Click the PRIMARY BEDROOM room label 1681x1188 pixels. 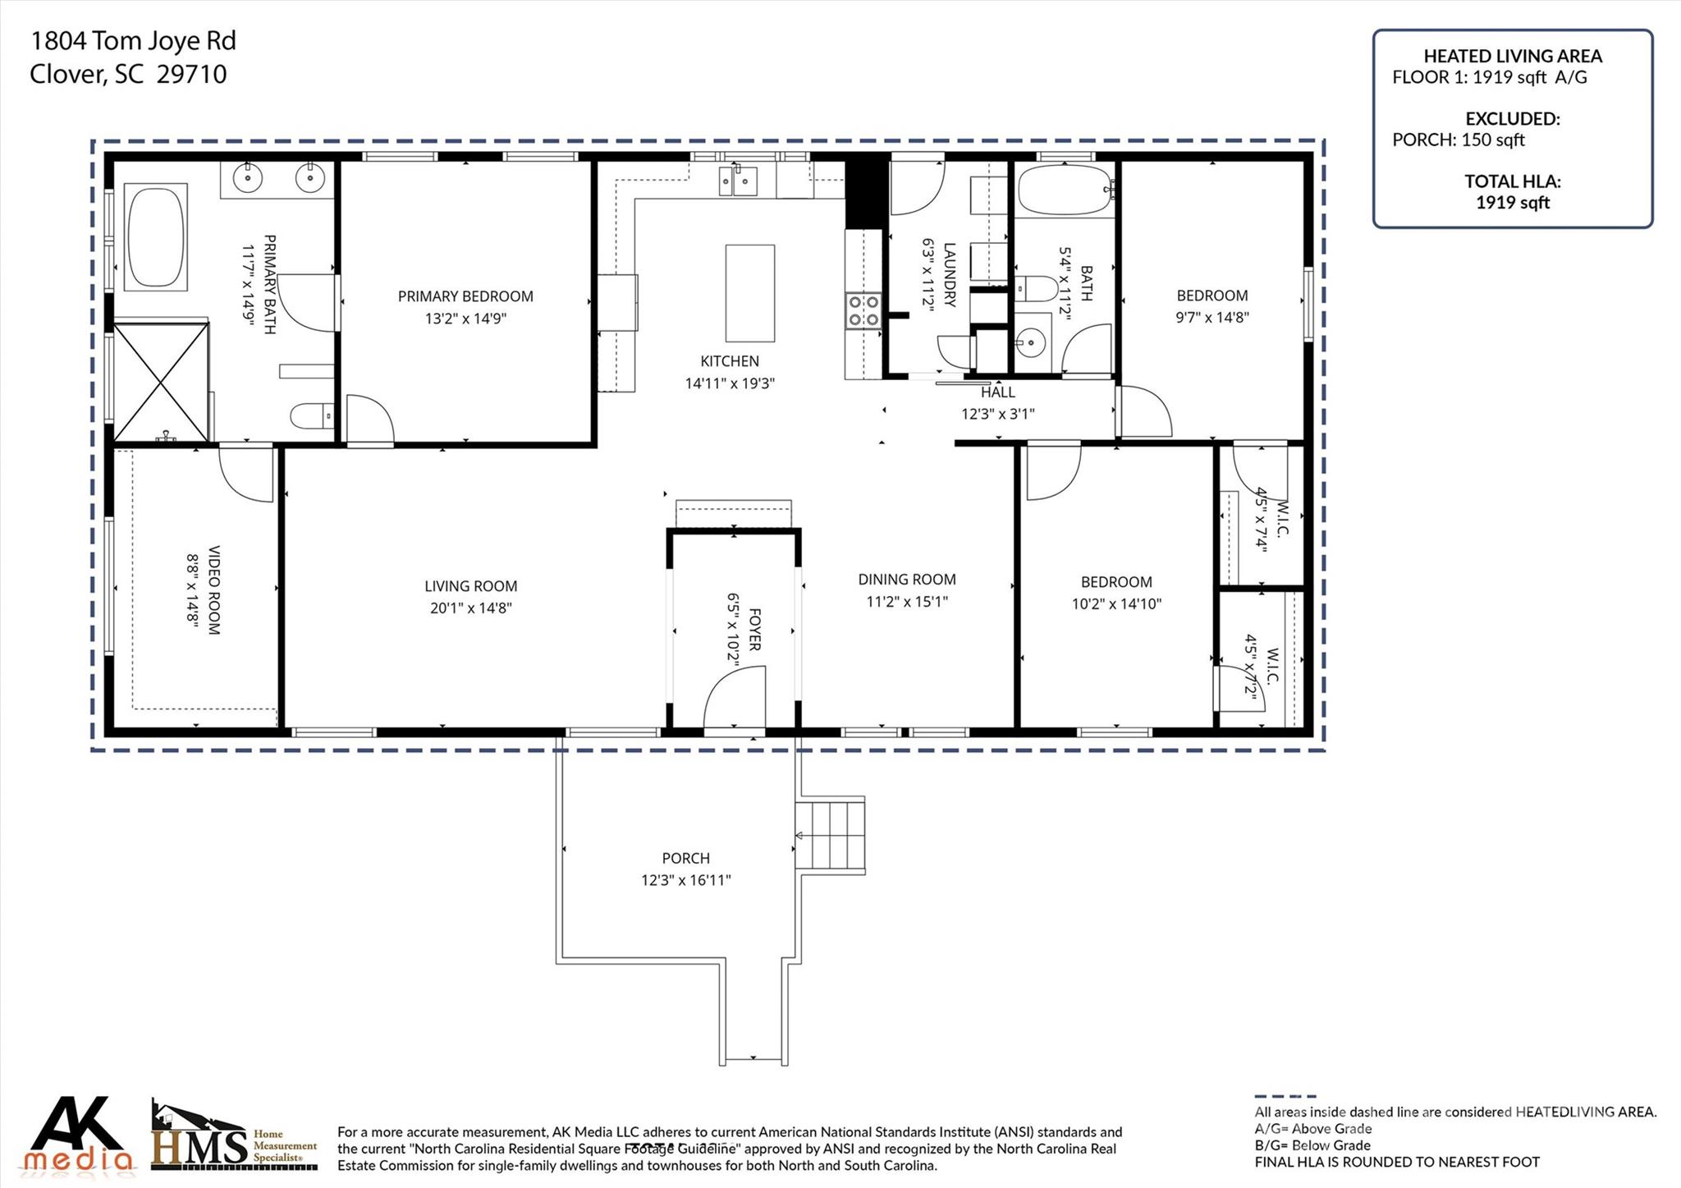[x=465, y=296]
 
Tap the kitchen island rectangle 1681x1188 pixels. [x=749, y=293]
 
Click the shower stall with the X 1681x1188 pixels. [x=161, y=382]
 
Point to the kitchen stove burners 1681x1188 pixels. [x=863, y=310]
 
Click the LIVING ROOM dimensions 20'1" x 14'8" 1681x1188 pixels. [x=471, y=608]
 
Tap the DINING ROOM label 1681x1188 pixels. [x=907, y=580]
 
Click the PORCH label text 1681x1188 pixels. [x=686, y=858]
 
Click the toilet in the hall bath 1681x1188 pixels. [x=1035, y=289]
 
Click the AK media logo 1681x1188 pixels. [x=79, y=1135]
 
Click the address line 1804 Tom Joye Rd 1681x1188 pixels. [x=133, y=41]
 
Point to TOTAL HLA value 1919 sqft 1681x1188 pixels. [x=1513, y=203]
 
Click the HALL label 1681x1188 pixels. [x=998, y=392]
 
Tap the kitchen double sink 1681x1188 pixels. [x=738, y=180]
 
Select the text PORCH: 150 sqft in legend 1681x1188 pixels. [x=1459, y=140]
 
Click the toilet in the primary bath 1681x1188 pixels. [x=312, y=416]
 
